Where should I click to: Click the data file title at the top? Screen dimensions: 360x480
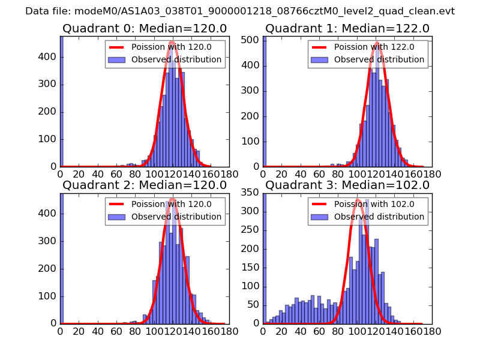pyautogui.click(x=240, y=11)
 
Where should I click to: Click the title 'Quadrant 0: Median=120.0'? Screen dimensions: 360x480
pyautogui.click(x=145, y=29)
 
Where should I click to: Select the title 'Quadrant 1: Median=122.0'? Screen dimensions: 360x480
pyautogui.click(x=347, y=29)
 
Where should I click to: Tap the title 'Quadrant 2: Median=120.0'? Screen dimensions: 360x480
pyautogui.click(x=145, y=185)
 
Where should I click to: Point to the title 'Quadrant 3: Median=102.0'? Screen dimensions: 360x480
pyautogui.click(x=347, y=185)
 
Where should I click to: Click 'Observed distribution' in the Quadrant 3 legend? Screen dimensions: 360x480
pyautogui.click(x=379, y=217)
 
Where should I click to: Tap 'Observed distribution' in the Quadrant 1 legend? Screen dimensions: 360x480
pyautogui.click(x=379, y=60)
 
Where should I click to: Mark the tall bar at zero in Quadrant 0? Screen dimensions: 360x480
pyautogui.click(x=61, y=102)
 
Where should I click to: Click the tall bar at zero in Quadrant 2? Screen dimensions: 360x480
pyautogui.click(x=61, y=258)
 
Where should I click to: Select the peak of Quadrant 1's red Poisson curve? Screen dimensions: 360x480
pyautogui.click(x=377, y=43)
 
